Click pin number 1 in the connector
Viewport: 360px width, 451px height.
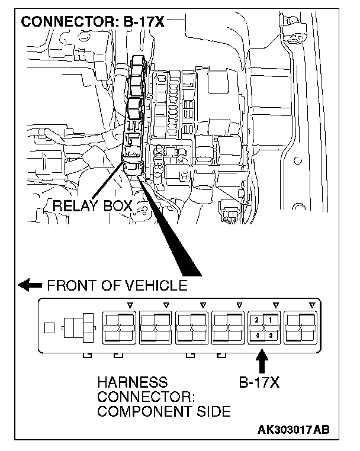(271, 320)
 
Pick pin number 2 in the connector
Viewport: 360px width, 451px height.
(256, 320)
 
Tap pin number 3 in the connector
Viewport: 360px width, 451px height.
(271, 335)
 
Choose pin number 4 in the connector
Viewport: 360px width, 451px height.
(256, 335)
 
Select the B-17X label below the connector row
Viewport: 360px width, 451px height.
(259, 382)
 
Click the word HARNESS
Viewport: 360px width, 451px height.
(133, 382)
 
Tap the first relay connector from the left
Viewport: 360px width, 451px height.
(119, 327)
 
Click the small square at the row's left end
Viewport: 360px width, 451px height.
(50, 326)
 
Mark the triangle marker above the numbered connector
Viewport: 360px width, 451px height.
(275, 305)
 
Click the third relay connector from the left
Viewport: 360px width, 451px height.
(192, 327)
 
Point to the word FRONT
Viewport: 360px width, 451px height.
(68, 285)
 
